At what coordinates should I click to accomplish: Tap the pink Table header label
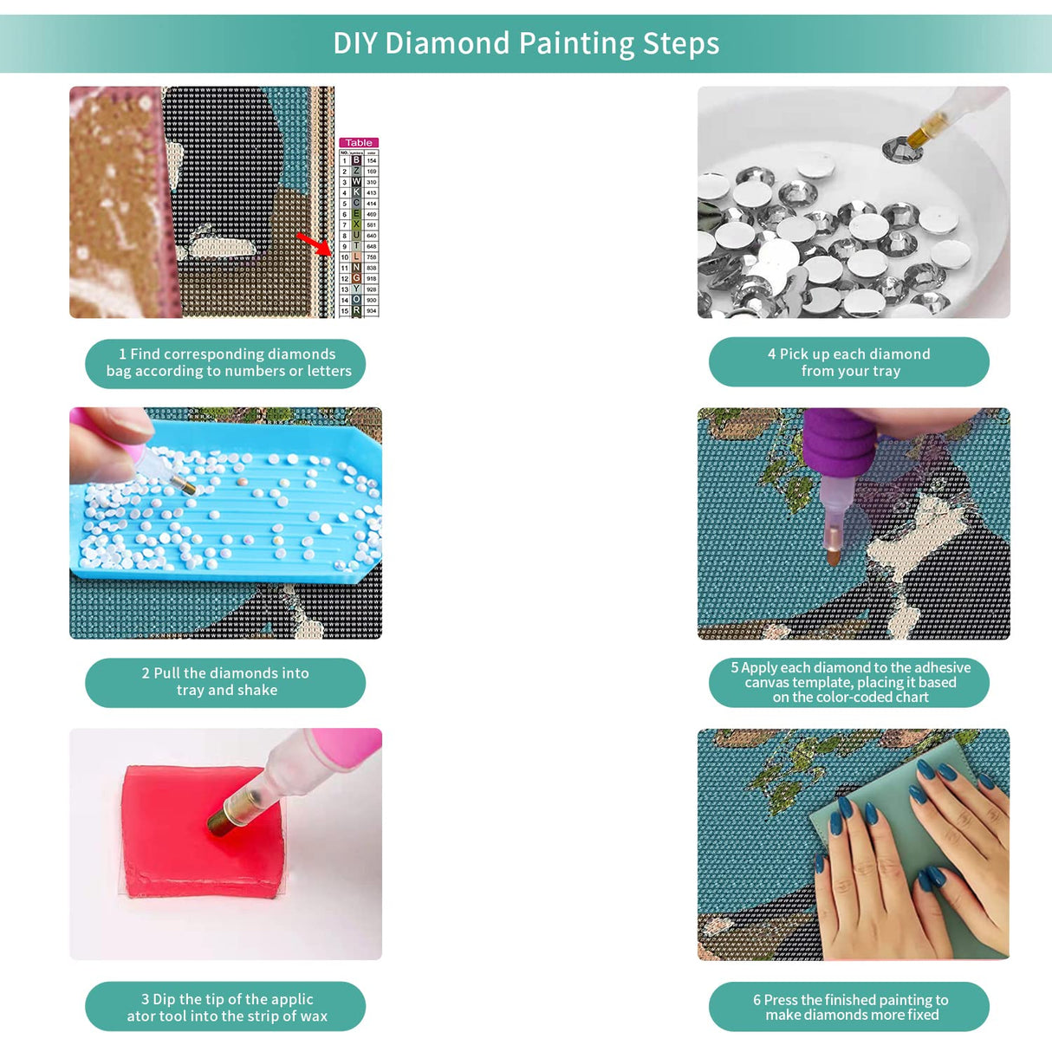click(359, 143)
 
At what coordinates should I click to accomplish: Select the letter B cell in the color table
click(356, 160)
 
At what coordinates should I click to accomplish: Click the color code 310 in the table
click(371, 182)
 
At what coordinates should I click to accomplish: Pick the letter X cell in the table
click(356, 224)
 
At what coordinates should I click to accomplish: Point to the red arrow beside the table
click(314, 243)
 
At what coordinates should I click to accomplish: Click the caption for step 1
click(225, 363)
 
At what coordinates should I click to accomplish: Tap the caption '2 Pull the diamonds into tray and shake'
click(225, 682)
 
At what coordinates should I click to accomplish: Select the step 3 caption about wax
click(225, 1007)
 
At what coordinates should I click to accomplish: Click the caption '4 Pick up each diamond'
click(849, 362)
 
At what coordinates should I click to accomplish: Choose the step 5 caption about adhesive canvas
click(849, 682)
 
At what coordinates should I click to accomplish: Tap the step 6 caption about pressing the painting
click(849, 1007)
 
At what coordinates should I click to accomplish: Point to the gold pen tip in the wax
click(221, 819)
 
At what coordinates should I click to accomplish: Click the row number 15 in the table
click(344, 310)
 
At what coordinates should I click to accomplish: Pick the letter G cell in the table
click(356, 278)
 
